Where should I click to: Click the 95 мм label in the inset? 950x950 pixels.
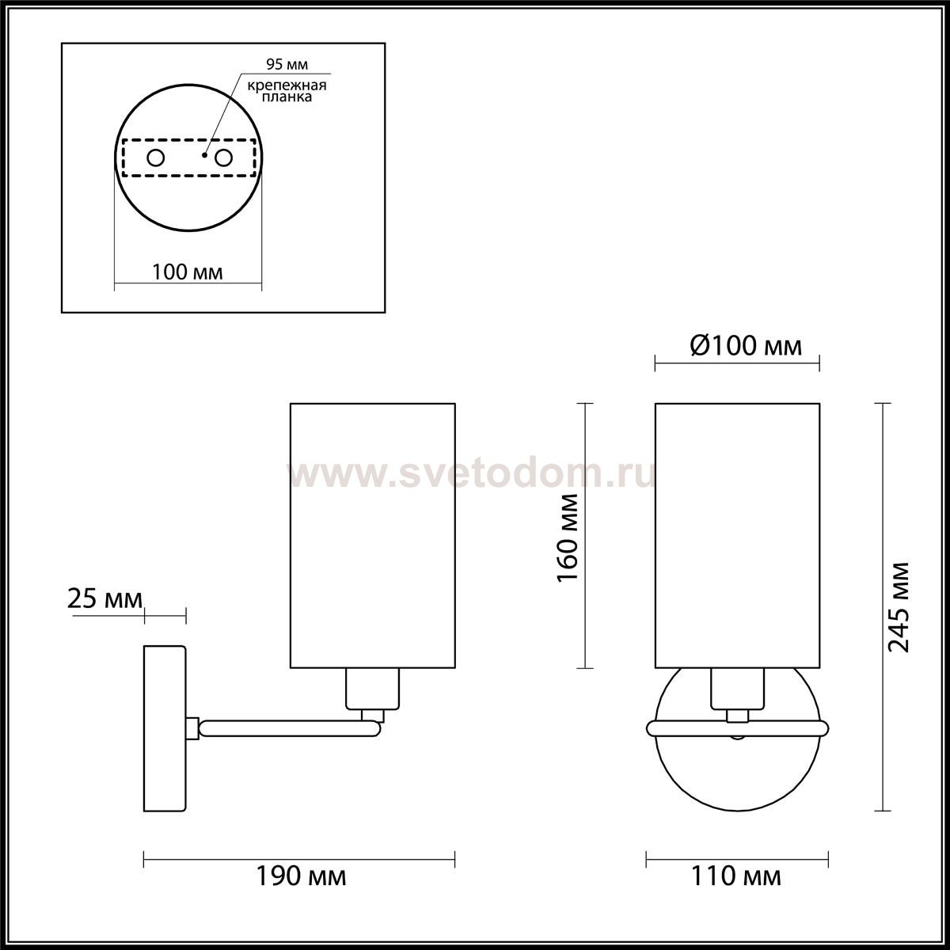[x=287, y=64]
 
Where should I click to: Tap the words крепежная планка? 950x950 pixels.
[x=287, y=91]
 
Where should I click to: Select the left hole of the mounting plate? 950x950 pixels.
[x=156, y=158]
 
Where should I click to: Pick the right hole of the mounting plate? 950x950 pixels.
[x=223, y=158]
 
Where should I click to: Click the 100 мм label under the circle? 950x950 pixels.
[x=188, y=272]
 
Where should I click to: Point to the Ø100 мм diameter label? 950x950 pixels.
[x=746, y=346]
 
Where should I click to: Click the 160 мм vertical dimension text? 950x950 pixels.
[x=568, y=538]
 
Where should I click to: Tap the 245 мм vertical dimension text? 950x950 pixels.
[x=899, y=607]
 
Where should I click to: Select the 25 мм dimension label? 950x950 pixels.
[x=104, y=599]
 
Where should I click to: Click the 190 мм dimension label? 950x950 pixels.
[x=301, y=876]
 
